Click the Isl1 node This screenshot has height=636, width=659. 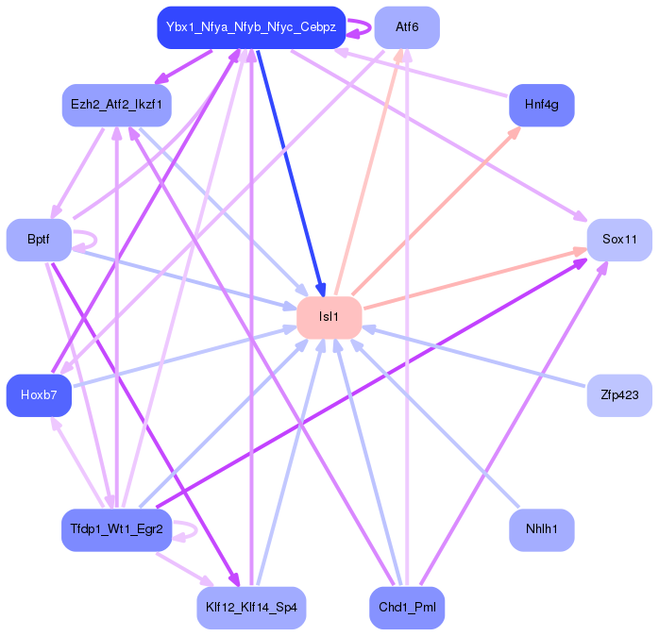pyautogui.click(x=329, y=317)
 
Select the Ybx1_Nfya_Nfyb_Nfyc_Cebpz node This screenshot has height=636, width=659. pyautogui.click(x=251, y=27)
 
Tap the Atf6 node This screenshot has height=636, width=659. pyautogui.click(x=407, y=27)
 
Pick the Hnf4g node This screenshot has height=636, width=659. pyautogui.click(x=542, y=105)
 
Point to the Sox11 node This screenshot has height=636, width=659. pyautogui.click(x=619, y=240)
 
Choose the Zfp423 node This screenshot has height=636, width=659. pyautogui.click(x=619, y=395)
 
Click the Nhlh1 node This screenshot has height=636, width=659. pyautogui.click(x=542, y=529)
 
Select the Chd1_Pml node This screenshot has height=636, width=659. pyautogui.click(x=407, y=608)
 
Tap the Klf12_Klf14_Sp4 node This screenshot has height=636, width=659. pyautogui.click(x=251, y=608)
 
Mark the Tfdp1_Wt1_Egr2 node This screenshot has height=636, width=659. pyautogui.click(x=116, y=529)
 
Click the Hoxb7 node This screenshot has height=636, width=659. pyautogui.click(x=39, y=395)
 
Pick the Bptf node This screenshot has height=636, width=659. pyautogui.click(x=39, y=240)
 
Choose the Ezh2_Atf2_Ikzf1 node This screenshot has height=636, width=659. pyautogui.click(x=116, y=105)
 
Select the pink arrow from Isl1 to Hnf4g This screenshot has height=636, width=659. pyautogui.click(x=436, y=210)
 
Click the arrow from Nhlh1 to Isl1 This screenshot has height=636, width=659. pyautogui.click(x=435, y=423)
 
